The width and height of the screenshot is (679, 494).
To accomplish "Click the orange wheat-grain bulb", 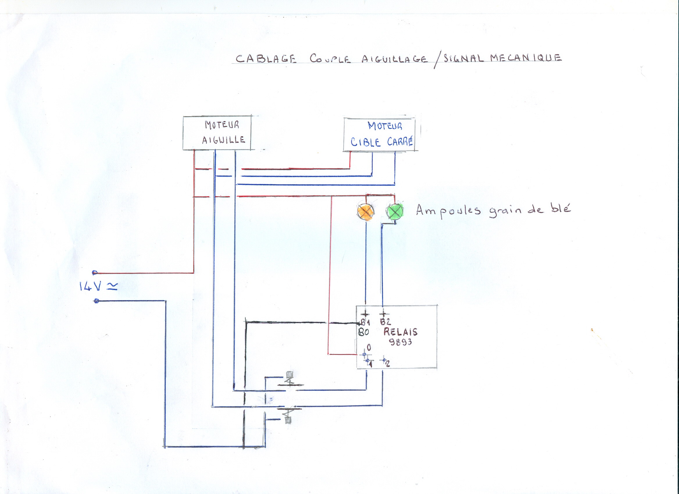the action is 366,212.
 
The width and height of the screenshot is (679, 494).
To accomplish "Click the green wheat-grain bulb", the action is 395,211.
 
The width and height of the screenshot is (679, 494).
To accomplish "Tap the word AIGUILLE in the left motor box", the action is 223,140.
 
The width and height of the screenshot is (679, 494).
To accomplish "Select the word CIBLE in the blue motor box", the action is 366,142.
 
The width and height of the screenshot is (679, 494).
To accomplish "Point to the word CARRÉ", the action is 400,141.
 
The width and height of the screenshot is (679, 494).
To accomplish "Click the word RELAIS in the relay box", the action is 400,332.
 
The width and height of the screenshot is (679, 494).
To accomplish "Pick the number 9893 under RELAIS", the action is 400,342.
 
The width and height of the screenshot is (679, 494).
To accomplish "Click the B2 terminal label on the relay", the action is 385,322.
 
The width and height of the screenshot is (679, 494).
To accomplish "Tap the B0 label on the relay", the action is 363,332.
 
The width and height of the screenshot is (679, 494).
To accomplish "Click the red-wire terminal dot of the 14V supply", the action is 95,273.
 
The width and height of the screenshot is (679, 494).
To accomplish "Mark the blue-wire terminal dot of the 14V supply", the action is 97,301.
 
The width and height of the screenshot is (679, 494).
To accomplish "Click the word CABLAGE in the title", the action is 266,58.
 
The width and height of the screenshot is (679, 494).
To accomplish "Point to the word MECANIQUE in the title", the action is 526,58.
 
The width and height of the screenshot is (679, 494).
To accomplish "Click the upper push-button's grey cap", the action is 289,375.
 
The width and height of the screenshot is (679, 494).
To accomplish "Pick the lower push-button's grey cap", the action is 288,421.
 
